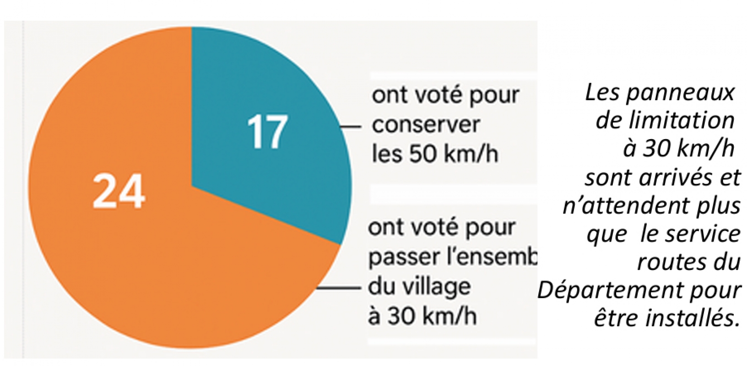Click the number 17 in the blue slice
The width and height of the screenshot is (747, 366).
(x=267, y=133)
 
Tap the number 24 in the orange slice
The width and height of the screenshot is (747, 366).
(x=119, y=192)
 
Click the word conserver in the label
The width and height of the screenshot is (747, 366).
(x=425, y=125)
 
